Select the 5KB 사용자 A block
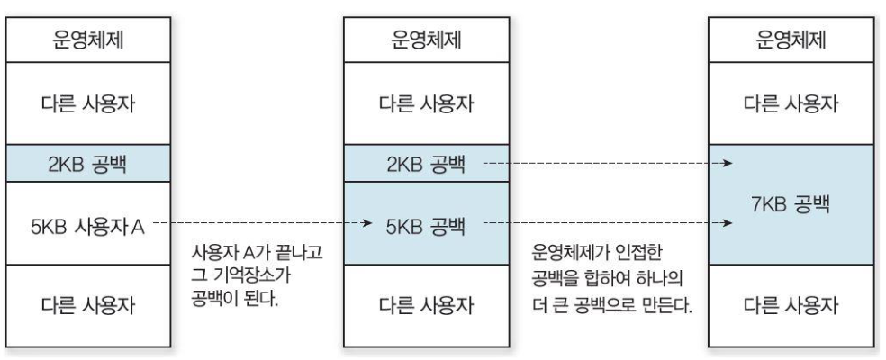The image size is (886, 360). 91,223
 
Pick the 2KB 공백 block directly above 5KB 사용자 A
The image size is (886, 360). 91,165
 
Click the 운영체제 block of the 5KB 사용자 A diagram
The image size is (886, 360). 91,41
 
